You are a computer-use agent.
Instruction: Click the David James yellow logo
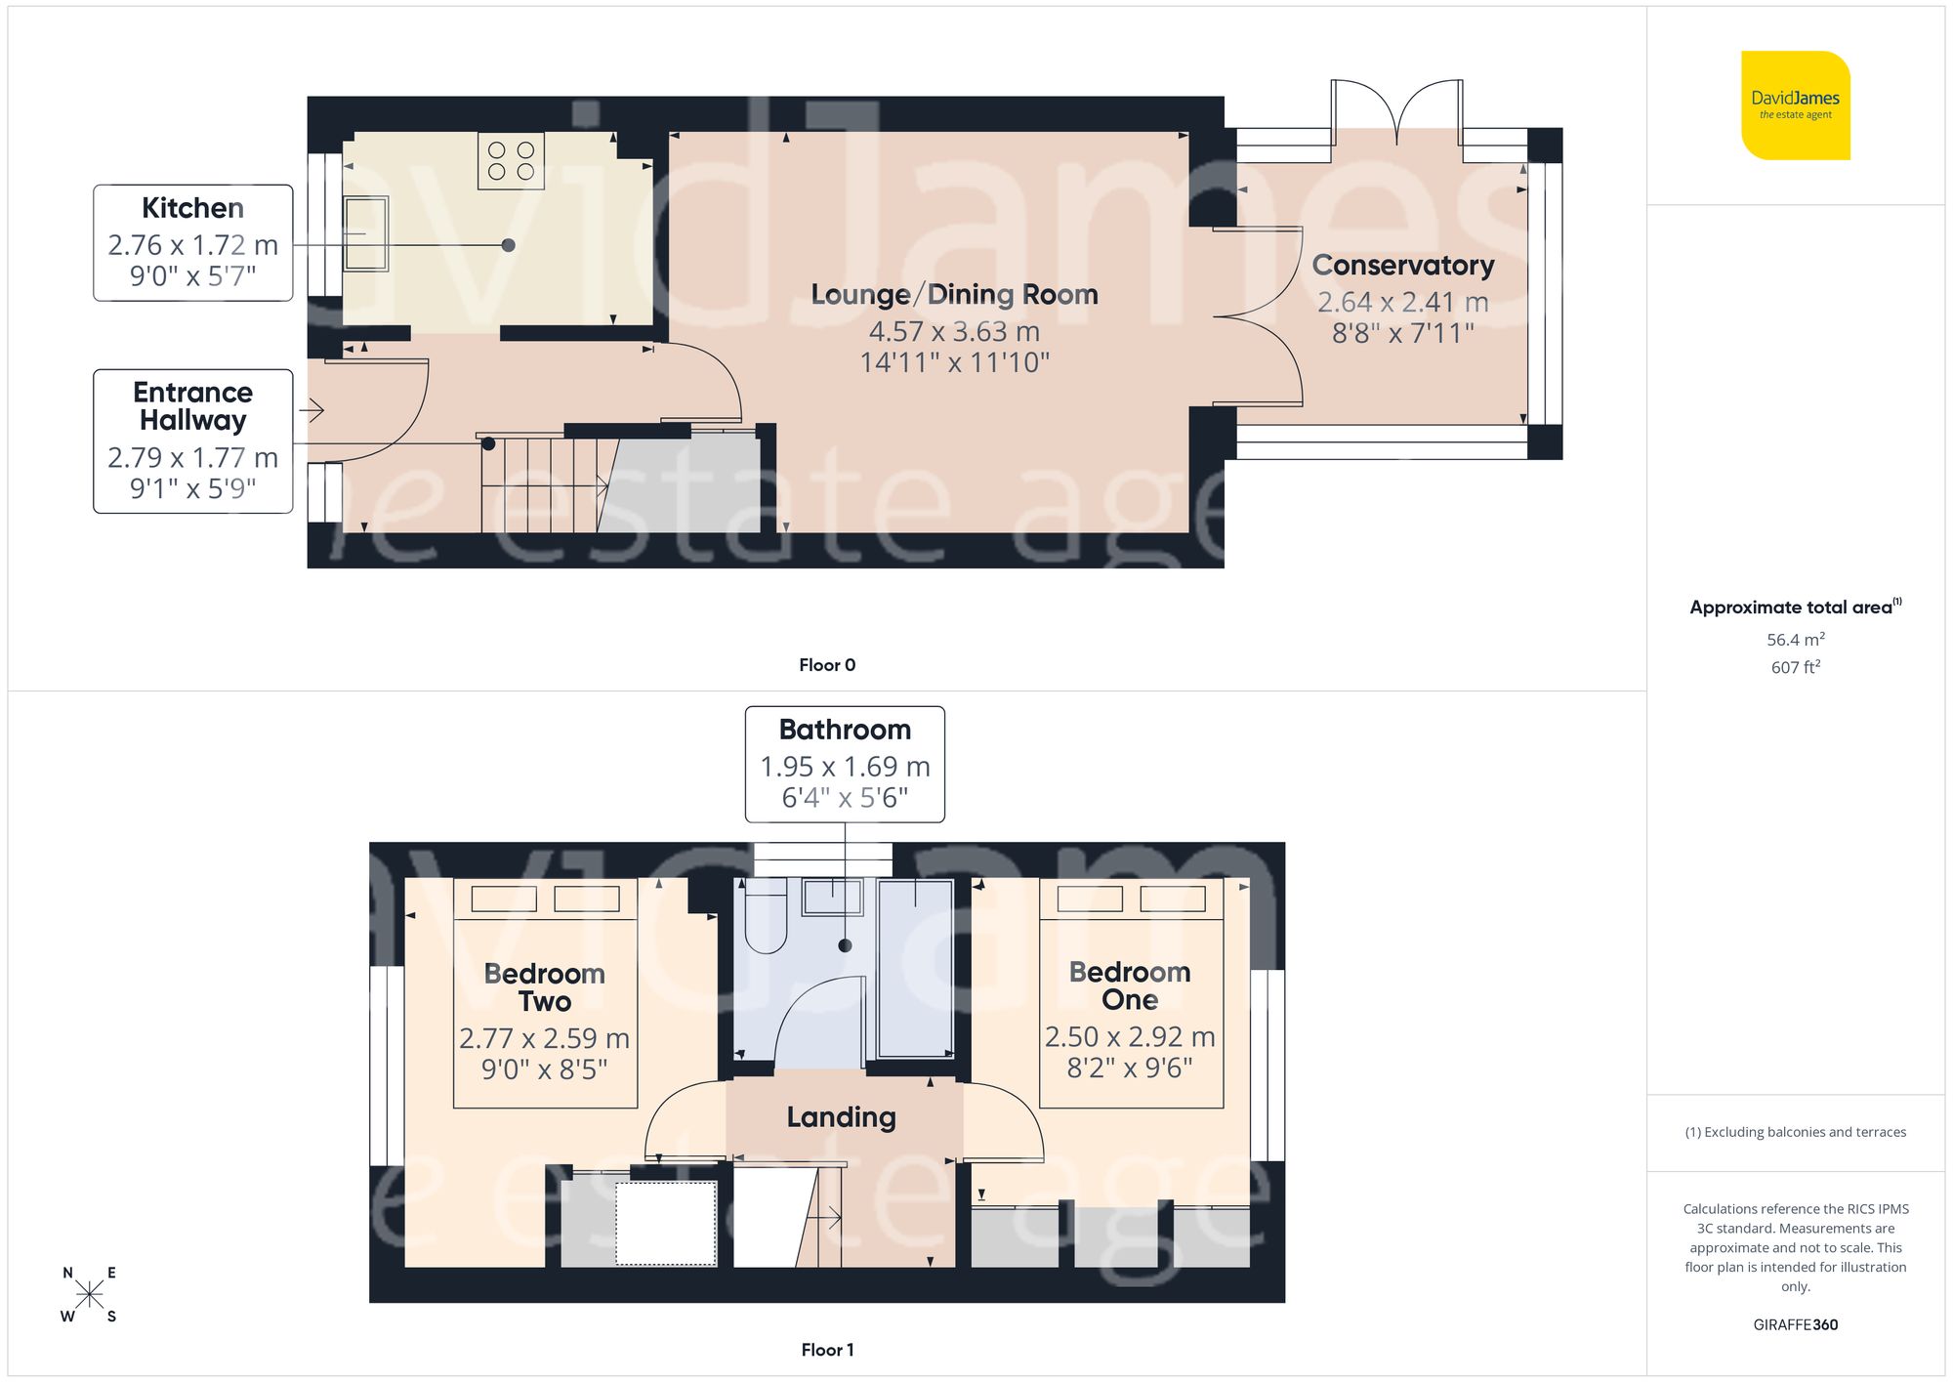click(1795, 105)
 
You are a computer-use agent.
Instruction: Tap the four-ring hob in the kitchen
click(511, 161)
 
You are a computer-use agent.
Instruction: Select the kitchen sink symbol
click(366, 234)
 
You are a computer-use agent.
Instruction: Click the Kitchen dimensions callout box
click(193, 242)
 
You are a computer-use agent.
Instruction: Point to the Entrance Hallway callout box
click(193, 440)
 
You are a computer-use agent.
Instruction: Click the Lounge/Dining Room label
click(954, 294)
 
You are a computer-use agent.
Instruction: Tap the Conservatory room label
click(1402, 265)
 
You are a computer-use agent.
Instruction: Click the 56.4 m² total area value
click(1795, 640)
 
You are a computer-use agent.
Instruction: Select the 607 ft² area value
click(1795, 667)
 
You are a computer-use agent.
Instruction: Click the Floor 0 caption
click(826, 665)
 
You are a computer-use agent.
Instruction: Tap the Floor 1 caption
click(826, 1350)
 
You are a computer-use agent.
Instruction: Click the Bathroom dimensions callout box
click(845, 764)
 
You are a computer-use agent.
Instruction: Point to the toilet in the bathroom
click(766, 918)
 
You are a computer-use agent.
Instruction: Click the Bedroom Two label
click(544, 986)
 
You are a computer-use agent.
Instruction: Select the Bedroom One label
click(1129, 985)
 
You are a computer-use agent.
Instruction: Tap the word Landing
click(841, 1117)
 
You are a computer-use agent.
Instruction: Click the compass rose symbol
click(89, 1295)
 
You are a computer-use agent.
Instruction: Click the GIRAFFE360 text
click(1795, 1325)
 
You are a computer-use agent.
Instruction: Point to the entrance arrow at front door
click(312, 410)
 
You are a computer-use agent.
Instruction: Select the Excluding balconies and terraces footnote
click(1795, 1132)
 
